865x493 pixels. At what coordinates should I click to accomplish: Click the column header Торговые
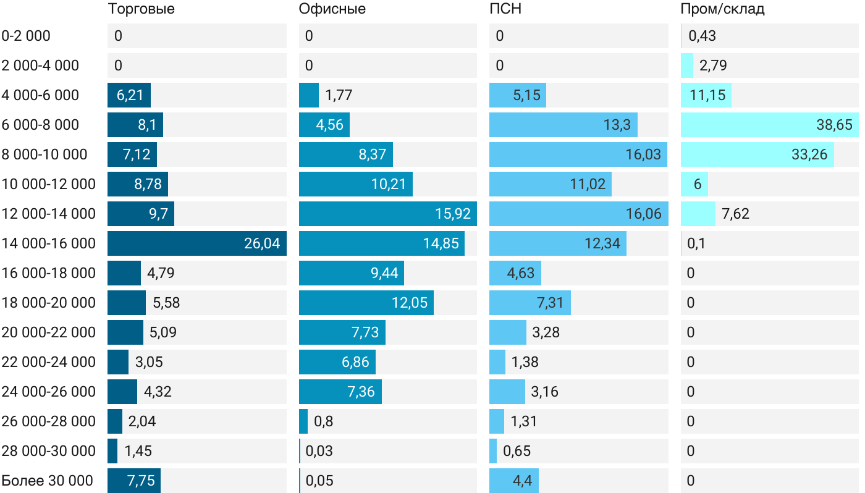point(141,9)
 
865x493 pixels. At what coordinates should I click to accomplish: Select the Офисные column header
point(332,9)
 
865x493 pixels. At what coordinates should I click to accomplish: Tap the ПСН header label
point(501,9)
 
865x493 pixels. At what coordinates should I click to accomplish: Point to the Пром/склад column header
point(722,9)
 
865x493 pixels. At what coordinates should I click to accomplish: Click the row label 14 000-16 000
point(49,243)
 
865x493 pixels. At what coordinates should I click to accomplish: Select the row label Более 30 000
point(48,481)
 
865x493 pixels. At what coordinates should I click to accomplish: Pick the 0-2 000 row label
point(26,36)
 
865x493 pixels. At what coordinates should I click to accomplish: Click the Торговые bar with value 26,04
point(196,243)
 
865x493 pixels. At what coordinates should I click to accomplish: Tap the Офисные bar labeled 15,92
point(387,214)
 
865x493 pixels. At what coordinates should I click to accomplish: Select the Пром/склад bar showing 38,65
point(769,125)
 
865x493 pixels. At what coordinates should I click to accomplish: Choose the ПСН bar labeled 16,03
point(578,154)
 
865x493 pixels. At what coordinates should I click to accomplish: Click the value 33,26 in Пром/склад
point(809,154)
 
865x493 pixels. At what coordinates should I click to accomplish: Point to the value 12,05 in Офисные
point(409,303)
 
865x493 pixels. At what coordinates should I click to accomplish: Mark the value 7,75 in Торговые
point(140,481)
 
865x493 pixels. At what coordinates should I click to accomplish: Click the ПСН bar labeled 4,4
point(513,481)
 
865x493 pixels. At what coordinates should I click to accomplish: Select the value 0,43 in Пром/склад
point(702,36)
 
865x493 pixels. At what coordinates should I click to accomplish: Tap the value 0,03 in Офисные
point(319,451)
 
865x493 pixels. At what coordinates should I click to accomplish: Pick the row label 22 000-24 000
point(49,362)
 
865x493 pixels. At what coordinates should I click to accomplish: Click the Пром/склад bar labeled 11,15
point(706,95)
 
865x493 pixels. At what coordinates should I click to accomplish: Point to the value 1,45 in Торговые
point(138,451)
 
